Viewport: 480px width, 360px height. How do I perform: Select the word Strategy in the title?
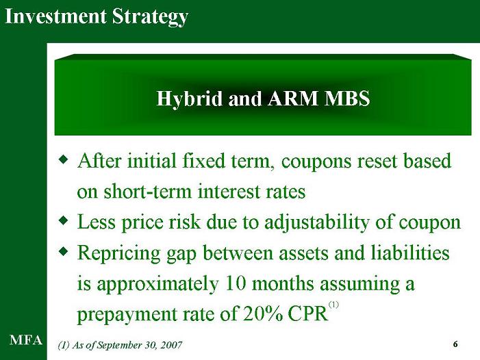click(150, 17)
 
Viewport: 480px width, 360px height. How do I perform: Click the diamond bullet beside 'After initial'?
click(63, 159)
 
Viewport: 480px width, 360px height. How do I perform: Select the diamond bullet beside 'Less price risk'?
click(63, 220)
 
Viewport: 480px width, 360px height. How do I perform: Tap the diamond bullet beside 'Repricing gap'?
click(63, 250)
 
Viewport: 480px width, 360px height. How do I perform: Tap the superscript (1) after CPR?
click(333, 305)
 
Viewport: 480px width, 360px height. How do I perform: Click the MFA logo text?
click(26, 340)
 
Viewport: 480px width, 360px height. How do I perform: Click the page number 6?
click(455, 344)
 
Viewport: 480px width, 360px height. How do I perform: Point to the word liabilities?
click(410, 253)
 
